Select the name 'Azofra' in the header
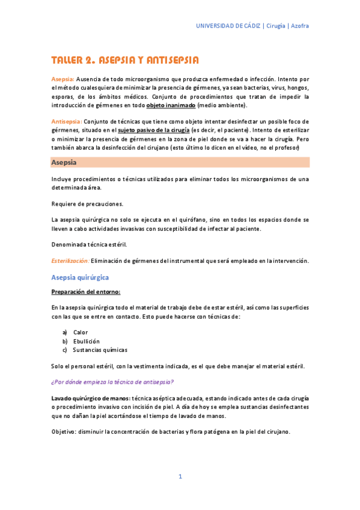pos(300,26)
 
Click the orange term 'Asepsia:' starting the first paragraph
pos(63,79)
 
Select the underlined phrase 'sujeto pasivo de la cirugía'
pos(153,130)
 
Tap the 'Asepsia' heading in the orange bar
pos(63,162)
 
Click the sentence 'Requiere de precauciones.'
pos(87,203)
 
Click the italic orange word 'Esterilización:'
pos(70,261)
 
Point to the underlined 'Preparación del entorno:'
pos(86,292)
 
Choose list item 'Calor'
pos(81,333)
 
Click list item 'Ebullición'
pos(86,341)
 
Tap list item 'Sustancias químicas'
pos(100,349)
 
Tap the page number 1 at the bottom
pos(180,476)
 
